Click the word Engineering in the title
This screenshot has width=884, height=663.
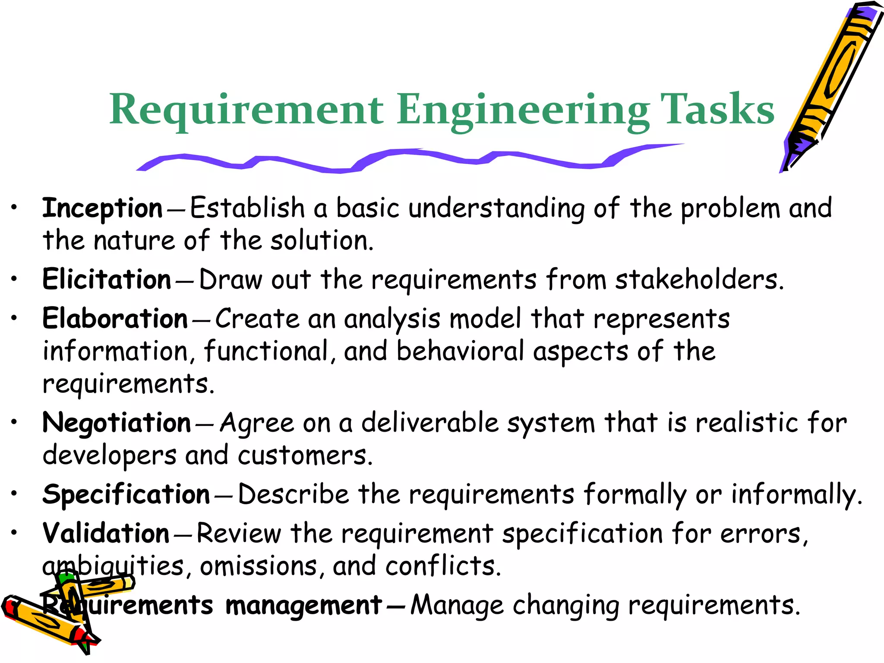coord(523,110)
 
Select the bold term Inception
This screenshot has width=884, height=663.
coord(102,208)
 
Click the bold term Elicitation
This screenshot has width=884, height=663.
coord(107,279)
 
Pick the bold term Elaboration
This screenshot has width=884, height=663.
coord(115,319)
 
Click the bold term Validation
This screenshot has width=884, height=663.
coord(106,534)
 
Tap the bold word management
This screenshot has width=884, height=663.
coord(303,605)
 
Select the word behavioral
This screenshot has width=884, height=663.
coord(460,351)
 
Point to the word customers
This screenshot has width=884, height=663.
coord(304,455)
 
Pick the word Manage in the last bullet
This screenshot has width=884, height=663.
coord(457,606)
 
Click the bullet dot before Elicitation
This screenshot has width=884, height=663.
coord(14,279)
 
